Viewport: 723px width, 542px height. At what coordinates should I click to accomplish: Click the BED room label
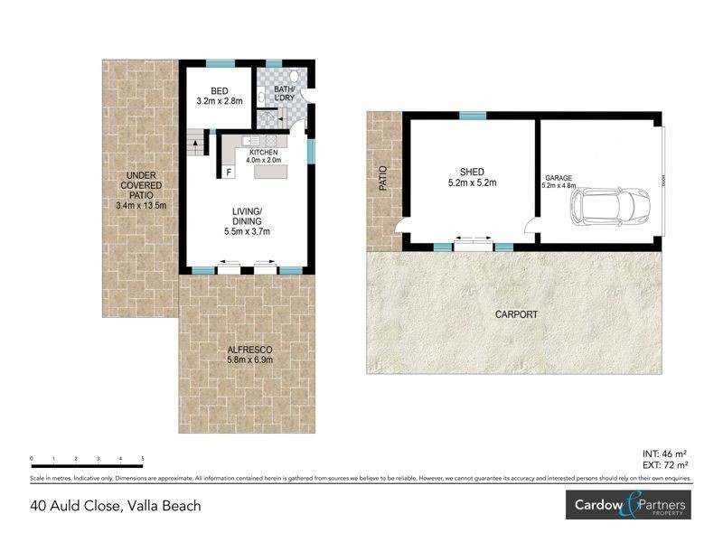220,91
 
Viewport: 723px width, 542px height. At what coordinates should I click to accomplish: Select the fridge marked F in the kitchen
229,171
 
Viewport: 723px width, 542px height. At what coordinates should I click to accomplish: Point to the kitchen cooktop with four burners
270,142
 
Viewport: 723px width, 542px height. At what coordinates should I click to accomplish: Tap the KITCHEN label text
264,154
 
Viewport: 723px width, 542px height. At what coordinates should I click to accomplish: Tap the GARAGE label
559,178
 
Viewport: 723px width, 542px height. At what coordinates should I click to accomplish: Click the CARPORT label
516,314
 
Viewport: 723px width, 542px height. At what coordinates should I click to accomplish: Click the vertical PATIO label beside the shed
383,177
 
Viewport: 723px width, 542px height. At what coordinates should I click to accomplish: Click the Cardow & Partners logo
626,506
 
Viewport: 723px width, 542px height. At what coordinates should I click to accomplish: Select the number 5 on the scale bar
143,459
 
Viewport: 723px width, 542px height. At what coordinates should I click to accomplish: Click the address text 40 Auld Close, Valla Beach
116,506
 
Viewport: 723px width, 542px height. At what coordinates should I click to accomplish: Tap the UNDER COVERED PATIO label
142,191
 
